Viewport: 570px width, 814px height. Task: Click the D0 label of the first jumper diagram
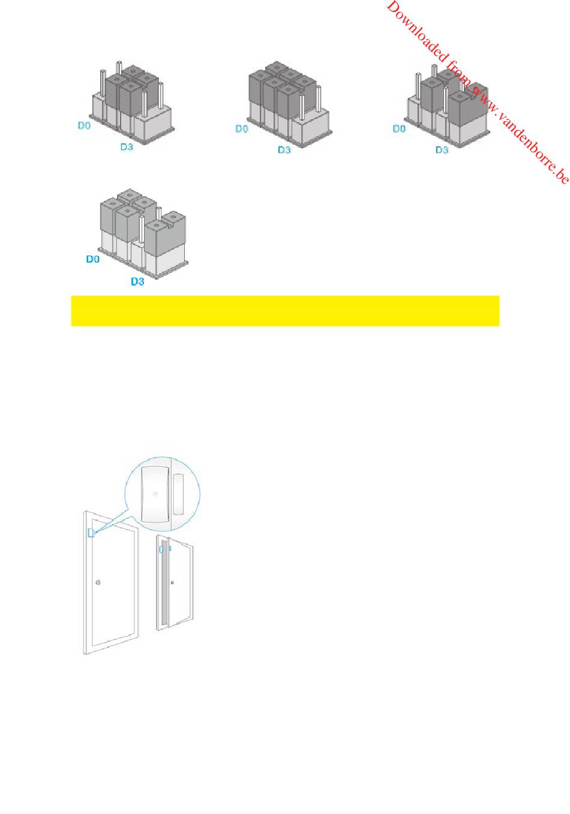click(x=84, y=125)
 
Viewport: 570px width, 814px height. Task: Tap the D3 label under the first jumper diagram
click(x=127, y=147)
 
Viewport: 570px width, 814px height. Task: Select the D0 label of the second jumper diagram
click(x=242, y=128)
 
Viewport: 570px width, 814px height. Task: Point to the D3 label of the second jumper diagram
click(x=284, y=150)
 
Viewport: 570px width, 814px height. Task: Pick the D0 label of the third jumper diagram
click(x=399, y=128)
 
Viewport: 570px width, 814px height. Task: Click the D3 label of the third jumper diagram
click(x=442, y=150)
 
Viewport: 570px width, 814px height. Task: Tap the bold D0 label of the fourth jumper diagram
click(x=92, y=259)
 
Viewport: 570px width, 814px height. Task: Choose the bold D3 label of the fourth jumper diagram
click(x=137, y=281)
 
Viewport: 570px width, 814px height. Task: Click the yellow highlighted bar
click(x=286, y=311)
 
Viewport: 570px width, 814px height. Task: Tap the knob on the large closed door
click(x=98, y=582)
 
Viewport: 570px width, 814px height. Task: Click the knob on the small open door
click(x=172, y=582)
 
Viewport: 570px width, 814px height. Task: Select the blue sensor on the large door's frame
click(x=91, y=533)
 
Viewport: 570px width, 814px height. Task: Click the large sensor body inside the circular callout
click(x=155, y=494)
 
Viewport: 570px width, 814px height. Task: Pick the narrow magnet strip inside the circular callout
click(x=178, y=494)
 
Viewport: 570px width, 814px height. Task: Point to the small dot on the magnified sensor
click(x=155, y=494)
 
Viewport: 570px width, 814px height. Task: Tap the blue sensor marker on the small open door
click(x=161, y=550)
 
